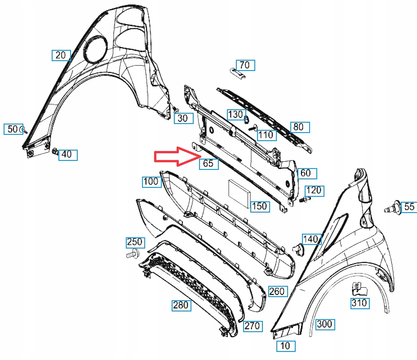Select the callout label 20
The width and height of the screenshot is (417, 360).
tap(61, 55)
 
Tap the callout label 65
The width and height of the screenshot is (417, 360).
tap(208, 163)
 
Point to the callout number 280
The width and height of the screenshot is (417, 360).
tap(181, 306)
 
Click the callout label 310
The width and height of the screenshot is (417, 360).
tap(359, 303)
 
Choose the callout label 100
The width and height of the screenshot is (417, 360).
tap(151, 182)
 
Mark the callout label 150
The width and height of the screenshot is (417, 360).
tap(259, 206)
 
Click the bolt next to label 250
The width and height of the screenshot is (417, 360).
tap(132, 255)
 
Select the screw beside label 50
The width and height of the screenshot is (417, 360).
tap(24, 130)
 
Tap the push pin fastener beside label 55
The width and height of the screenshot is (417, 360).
tap(393, 208)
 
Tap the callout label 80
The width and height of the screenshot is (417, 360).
tap(299, 127)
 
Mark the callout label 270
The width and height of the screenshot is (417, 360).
tap(253, 326)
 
